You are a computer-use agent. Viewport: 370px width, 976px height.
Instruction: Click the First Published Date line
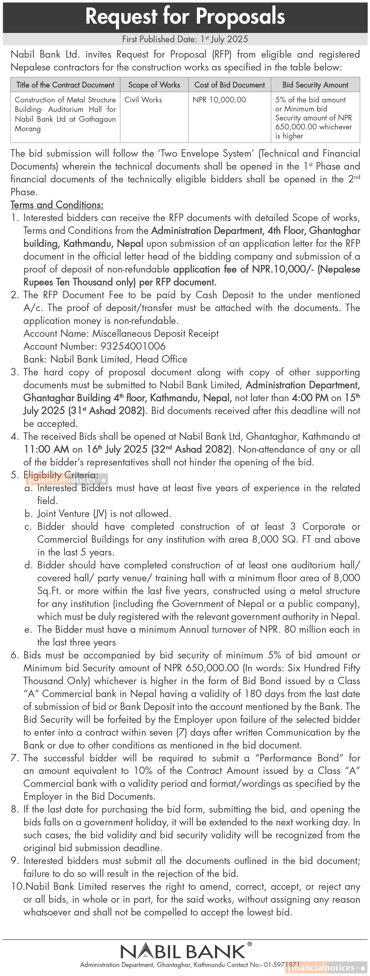click(185, 39)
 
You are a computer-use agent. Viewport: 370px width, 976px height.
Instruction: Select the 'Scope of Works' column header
click(154, 85)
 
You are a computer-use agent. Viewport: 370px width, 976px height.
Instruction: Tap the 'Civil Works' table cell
click(143, 100)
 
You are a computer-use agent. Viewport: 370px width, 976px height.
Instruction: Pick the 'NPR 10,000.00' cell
click(219, 100)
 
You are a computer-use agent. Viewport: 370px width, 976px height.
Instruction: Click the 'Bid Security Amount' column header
click(315, 85)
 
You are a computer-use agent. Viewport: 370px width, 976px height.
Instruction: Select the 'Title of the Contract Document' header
click(65, 85)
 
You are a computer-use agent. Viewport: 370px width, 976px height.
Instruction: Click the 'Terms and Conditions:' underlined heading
click(57, 205)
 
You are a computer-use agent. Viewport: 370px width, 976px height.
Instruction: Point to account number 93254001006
click(133, 346)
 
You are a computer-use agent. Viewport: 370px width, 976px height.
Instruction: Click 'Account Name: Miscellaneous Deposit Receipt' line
click(121, 333)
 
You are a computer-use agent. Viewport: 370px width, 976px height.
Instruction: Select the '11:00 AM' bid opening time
click(46, 449)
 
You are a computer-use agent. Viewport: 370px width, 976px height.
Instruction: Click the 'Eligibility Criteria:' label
click(61, 475)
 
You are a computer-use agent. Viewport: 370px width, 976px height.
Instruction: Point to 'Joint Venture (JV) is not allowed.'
click(104, 514)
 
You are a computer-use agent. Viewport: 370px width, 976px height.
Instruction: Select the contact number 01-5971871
click(282, 965)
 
